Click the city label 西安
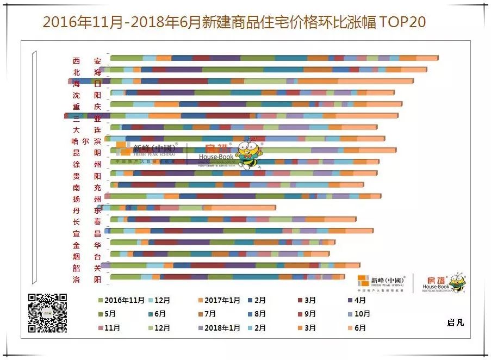click(87, 61)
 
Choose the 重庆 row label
click(87, 107)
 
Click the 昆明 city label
click(87, 153)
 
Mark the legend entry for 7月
click(207, 314)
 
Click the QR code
click(48, 313)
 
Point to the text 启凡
click(455, 322)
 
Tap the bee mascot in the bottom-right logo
click(456, 282)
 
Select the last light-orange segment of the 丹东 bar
click(243, 208)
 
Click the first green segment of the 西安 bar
click(126, 58)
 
